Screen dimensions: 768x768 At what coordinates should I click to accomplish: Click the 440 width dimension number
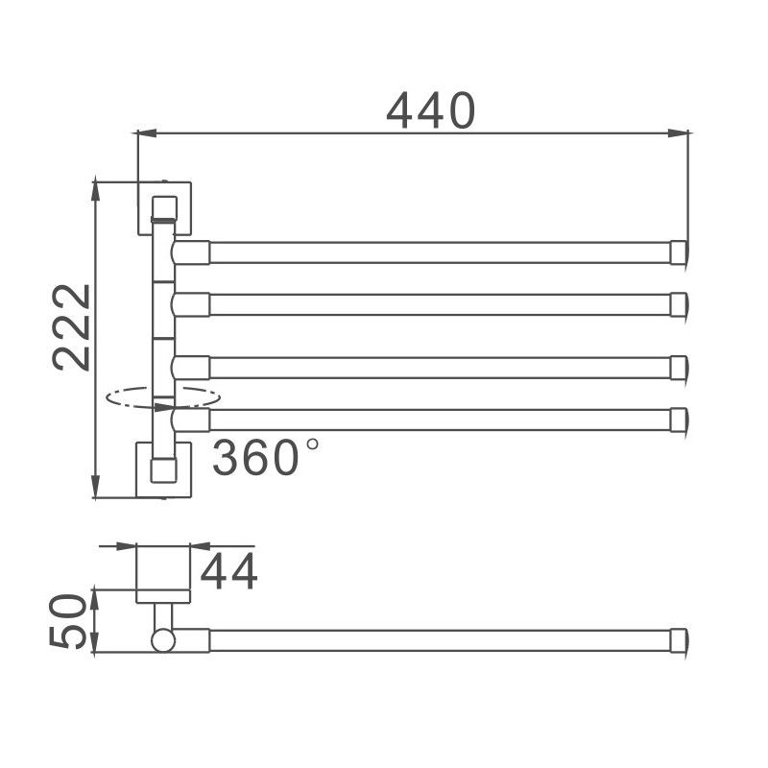431,111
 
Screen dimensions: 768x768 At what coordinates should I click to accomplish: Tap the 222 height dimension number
72,326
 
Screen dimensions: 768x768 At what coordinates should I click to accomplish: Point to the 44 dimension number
228,573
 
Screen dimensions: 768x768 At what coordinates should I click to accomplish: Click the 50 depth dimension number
69,622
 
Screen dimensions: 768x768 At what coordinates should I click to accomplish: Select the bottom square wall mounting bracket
164,469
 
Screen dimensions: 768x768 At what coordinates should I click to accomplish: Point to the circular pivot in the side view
161,639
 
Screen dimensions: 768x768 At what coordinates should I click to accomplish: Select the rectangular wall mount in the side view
161,574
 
